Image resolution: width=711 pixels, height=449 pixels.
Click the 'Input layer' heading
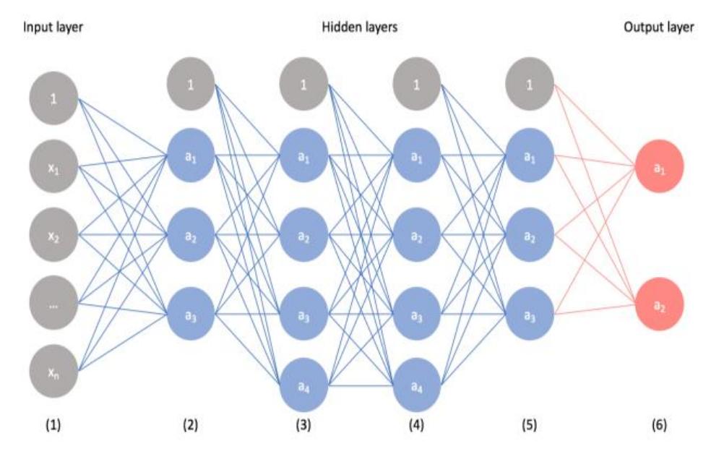tap(54, 28)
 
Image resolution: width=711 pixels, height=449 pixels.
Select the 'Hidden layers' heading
tap(359, 28)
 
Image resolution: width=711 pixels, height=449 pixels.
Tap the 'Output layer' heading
tap(658, 28)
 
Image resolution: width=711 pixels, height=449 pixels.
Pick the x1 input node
tap(53, 168)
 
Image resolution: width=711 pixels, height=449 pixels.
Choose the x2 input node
tap(53, 236)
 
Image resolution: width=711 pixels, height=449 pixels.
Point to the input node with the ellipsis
tap(53, 304)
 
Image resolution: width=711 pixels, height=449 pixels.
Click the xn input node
tap(53, 372)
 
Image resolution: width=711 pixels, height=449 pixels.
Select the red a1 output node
tap(658, 168)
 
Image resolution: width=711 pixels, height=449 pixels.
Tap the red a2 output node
tap(658, 304)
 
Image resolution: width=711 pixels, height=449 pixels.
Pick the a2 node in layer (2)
tap(190, 236)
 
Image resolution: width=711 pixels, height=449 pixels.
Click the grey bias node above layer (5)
tap(530, 85)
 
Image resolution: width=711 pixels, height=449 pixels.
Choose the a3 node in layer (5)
tap(530, 315)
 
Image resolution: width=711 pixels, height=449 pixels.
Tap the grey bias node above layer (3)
tap(303, 85)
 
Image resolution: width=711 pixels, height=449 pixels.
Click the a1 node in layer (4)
tap(417, 157)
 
